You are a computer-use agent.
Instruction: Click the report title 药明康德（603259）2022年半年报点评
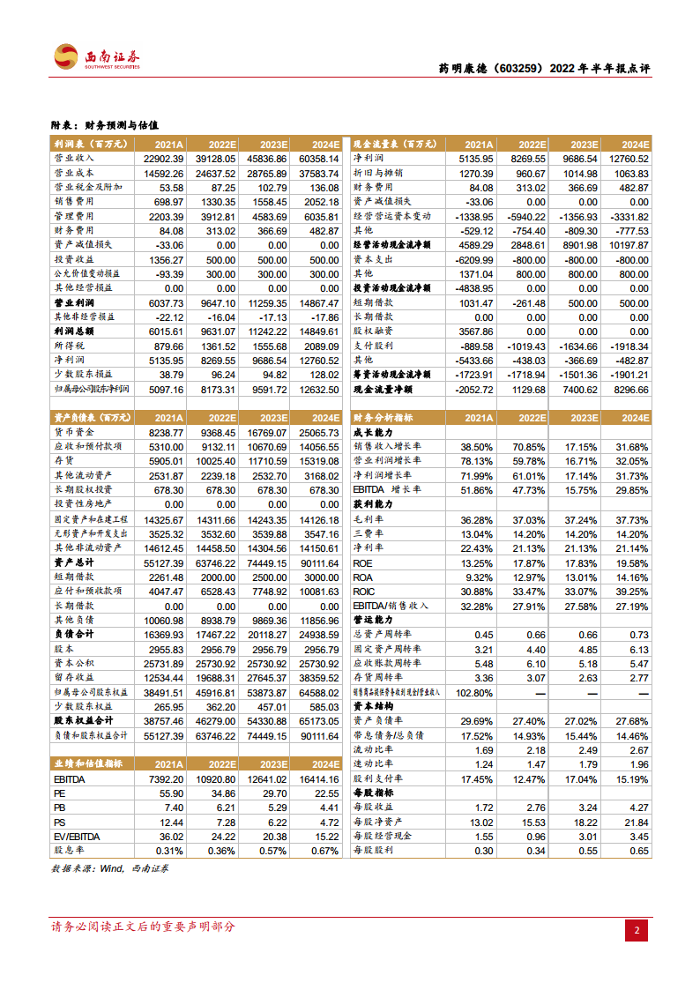(544, 69)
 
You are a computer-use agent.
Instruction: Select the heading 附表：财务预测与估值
(109, 126)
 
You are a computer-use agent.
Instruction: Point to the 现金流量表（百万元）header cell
(393, 144)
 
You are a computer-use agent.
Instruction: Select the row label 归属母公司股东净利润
(92, 389)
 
